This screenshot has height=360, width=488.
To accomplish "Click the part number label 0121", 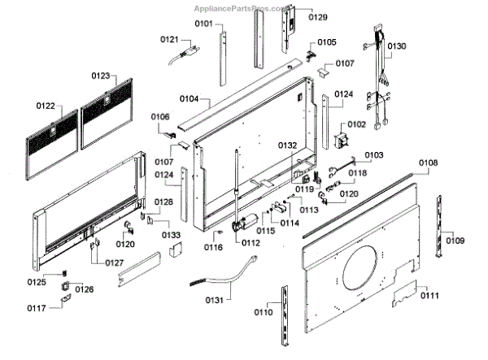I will (x=168, y=39).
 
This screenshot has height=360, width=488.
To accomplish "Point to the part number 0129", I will (x=318, y=17).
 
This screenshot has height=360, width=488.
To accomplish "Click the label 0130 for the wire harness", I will (x=396, y=46).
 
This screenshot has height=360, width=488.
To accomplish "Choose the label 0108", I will (x=429, y=163).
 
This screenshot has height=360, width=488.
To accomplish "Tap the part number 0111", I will (x=430, y=295).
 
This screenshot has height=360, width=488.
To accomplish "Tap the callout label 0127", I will (x=115, y=262).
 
